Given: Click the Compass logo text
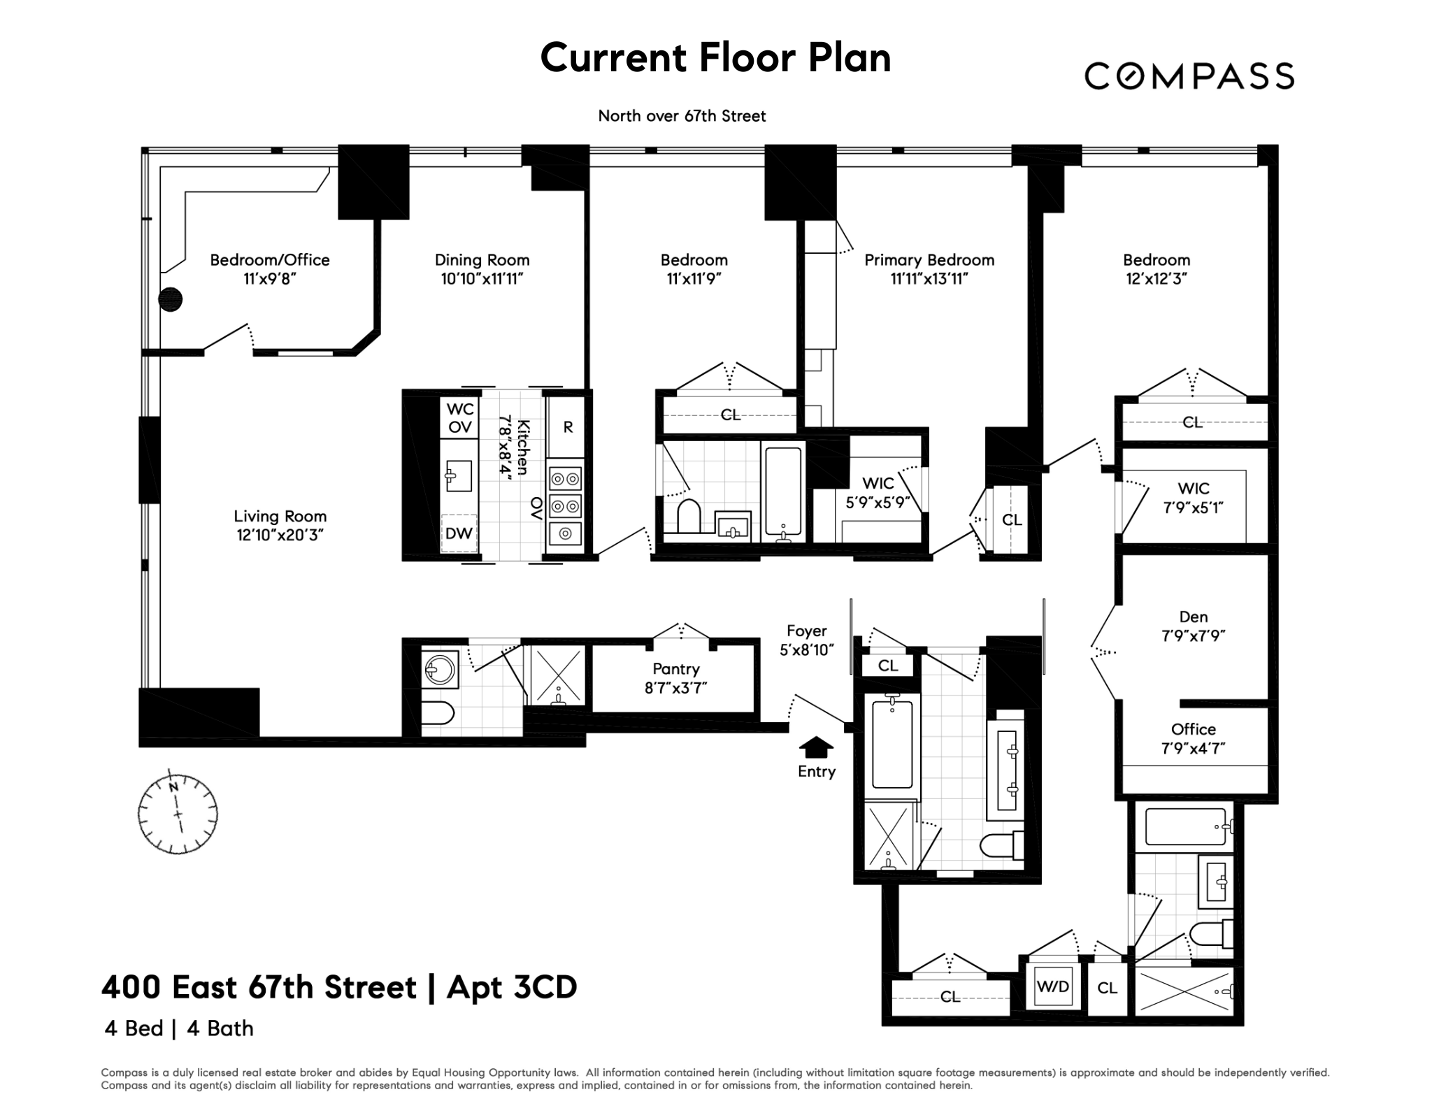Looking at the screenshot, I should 1189,76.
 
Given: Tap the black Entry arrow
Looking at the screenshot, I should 815,747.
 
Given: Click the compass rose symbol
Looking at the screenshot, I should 178,814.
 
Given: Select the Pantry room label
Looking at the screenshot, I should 675,669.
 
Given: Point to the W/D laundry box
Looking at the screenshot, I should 1053,986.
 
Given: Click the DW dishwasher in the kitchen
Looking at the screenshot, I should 459,533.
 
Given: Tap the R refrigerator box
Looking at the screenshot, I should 568,426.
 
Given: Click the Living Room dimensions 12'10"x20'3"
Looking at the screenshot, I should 280,536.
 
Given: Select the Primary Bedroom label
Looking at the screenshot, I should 929,260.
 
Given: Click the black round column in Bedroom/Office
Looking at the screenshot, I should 171,299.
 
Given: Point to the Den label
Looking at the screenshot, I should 1193,617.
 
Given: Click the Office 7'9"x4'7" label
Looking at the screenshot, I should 1193,738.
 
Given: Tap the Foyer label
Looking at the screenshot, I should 806,631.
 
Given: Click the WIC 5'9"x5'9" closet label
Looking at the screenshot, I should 878,492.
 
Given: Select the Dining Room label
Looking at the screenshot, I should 482,260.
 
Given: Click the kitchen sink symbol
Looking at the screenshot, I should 459,476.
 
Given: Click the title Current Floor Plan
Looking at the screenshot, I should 715,57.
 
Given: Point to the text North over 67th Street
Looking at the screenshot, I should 682,116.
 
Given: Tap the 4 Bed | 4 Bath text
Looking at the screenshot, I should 179,1028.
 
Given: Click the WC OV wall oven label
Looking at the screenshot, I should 460,417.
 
